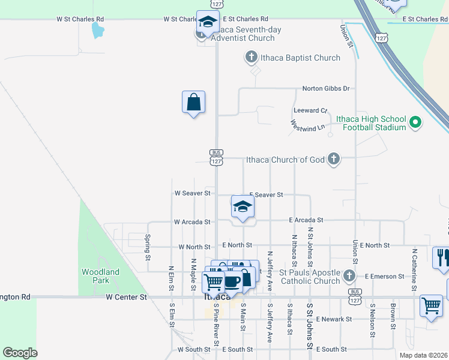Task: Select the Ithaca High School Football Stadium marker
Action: click(x=415, y=124)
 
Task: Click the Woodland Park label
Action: click(x=100, y=276)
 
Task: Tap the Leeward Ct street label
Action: click(x=310, y=111)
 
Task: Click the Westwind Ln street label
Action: click(x=307, y=126)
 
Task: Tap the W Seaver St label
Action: click(x=192, y=193)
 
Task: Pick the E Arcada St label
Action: click(x=306, y=220)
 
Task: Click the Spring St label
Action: click(x=148, y=247)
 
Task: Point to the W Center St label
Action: click(x=126, y=297)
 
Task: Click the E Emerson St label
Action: click(x=385, y=277)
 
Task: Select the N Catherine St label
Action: click(x=414, y=263)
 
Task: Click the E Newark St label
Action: click(x=334, y=319)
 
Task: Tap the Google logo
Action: click(x=20, y=353)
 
